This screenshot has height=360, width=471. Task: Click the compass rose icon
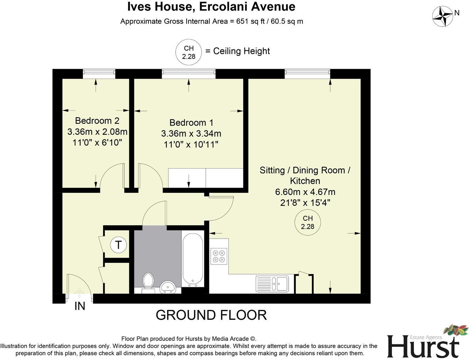[x=443, y=16]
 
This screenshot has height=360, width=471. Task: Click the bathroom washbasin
[x=168, y=288]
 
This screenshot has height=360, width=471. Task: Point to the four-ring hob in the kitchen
[x=219, y=256]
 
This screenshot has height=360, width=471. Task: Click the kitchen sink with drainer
[x=272, y=283]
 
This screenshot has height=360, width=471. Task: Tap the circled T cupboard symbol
[x=118, y=245]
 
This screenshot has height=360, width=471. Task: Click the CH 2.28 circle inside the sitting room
[x=307, y=223]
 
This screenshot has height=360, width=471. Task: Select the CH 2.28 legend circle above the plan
[x=189, y=52]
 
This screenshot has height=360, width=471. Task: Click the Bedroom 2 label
[x=97, y=121]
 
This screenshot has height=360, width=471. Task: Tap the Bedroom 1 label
[x=191, y=123]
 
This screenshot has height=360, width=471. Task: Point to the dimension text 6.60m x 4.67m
[x=305, y=192]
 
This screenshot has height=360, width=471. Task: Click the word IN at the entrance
[x=80, y=306]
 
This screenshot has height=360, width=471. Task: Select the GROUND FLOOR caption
[x=211, y=315]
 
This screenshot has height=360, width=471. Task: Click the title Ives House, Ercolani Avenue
[x=211, y=7]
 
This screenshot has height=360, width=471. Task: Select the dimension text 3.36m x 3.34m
[x=191, y=134]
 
